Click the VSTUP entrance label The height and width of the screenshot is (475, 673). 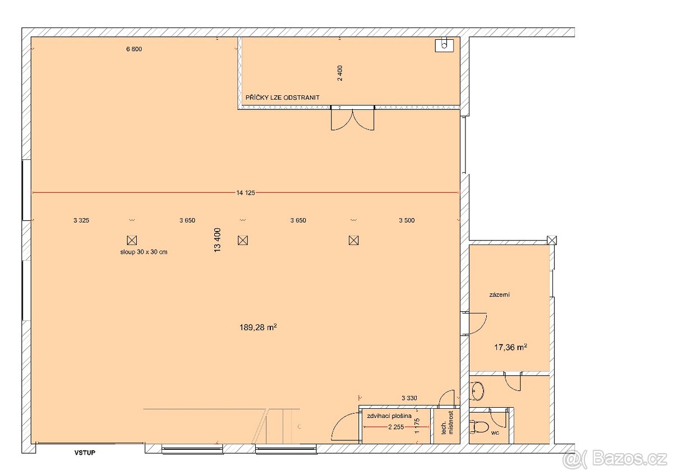85,453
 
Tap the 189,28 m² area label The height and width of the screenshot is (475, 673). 258,327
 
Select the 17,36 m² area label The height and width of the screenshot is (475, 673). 510,347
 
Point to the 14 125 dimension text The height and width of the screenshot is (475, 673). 246,193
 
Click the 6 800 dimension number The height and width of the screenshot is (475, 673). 134,49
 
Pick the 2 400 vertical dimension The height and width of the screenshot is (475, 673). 340,73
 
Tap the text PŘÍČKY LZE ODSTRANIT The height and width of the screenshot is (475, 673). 283,98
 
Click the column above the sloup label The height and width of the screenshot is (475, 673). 132,241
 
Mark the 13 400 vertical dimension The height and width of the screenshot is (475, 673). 218,240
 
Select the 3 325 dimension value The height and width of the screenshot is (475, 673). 81,220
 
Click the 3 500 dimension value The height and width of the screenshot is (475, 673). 407,220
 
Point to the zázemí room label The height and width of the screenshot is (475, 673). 499,295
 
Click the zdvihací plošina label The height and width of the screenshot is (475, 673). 389,416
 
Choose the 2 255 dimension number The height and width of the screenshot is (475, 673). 396,427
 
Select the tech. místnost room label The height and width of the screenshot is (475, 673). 447,423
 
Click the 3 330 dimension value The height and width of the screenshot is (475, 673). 409,398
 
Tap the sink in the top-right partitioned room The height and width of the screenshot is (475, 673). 444,45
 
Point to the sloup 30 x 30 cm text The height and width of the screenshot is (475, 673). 144,252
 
